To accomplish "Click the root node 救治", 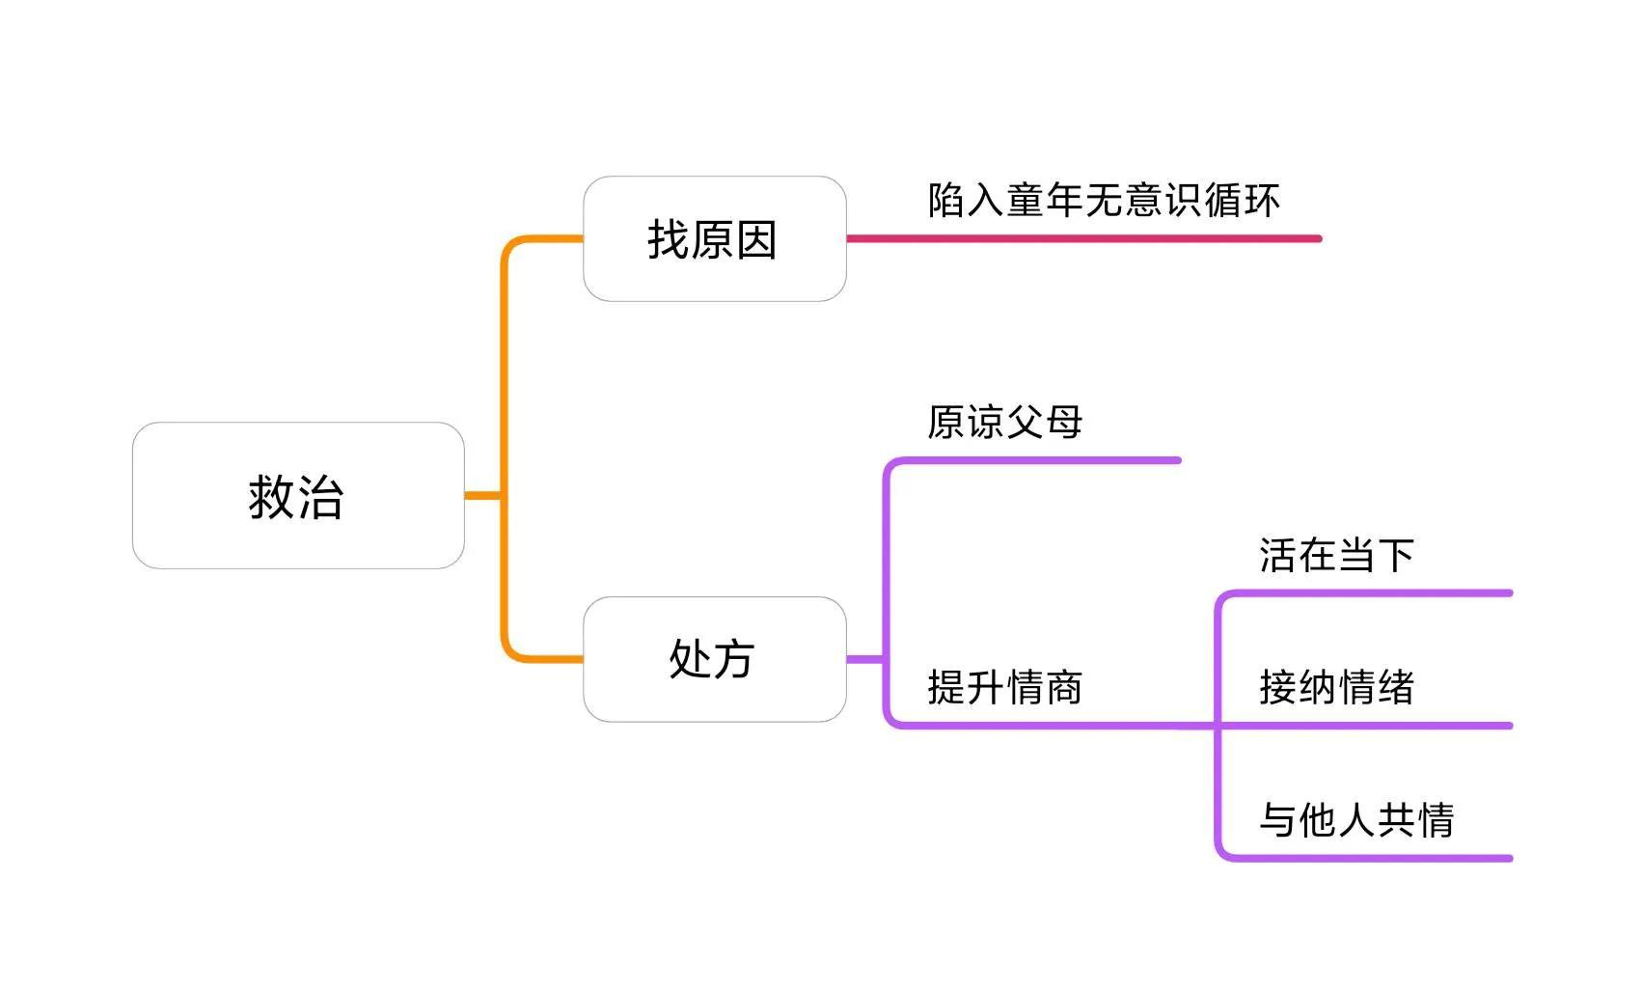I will (x=298, y=495).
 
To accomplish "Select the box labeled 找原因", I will (x=714, y=239).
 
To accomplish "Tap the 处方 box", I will (x=714, y=659).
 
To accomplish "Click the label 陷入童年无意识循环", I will (x=1104, y=201).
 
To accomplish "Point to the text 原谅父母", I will (x=1004, y=423).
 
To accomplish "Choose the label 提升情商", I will (x=1004, y=688).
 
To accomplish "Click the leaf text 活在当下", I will (x=1336, y=556).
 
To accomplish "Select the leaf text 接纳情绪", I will (x=1336, y=688).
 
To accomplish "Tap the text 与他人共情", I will (x=1356, y=820).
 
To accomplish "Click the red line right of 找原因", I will (x=1081, y=238).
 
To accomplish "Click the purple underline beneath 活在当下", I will (x=1370, y=592).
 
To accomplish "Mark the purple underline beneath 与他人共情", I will (x=1370, y=858).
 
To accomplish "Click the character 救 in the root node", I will (x=271, y=497).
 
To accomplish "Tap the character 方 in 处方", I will (x=733, y=660).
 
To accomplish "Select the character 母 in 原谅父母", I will (x=1064, y=423).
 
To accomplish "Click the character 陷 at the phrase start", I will (x=946, y=201).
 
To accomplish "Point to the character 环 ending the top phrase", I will (x=1262, y=201).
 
